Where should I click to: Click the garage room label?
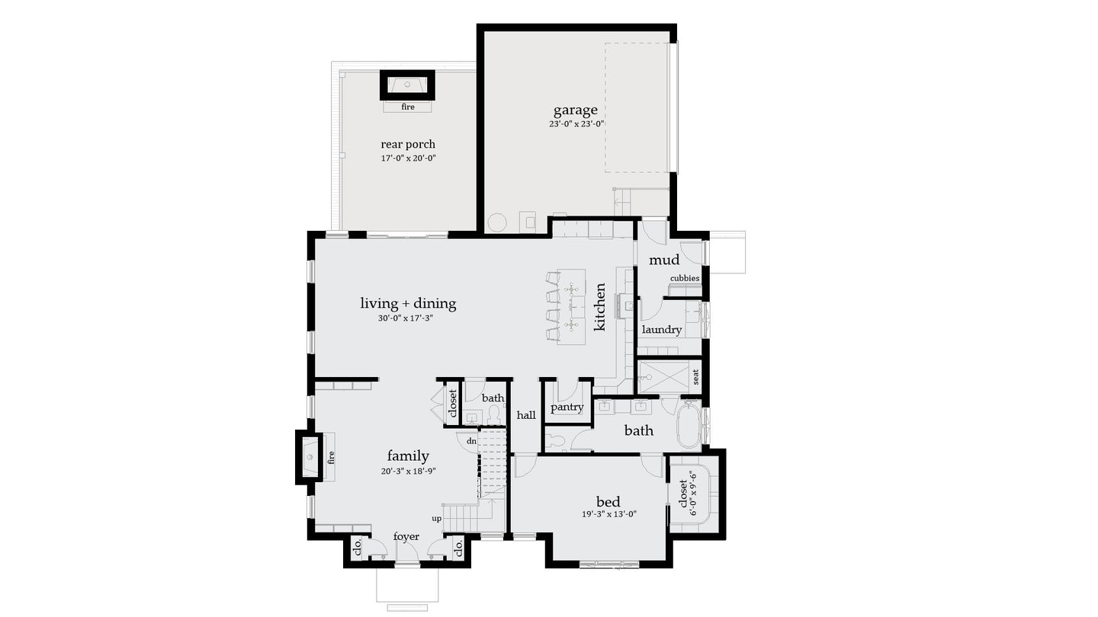[x=575, y=110]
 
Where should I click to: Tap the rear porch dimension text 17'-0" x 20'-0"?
[x=408, y=158]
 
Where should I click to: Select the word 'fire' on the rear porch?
[x=408, y=107]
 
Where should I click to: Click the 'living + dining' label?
[x=408, y=303]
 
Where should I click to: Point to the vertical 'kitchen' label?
[x=600, y=307]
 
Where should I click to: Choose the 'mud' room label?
[x=663, y=260]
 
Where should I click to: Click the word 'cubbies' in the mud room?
[x=684, y=278]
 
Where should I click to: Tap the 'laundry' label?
[x=661, y=330]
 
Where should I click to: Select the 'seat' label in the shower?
[x=695, y=376]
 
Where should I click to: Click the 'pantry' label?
[x=567, y=408]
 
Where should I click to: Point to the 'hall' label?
[x=526, y=415]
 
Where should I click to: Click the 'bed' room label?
[x=608, y=502]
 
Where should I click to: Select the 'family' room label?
[x=408, y=456]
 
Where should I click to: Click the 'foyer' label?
[x=406, y=537]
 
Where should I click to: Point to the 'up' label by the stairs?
[x=437, y=519]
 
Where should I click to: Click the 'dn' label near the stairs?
[x=471, y=441]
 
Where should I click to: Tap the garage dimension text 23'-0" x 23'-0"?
[x=576, y=124]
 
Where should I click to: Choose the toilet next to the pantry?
[x=555, y=440]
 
